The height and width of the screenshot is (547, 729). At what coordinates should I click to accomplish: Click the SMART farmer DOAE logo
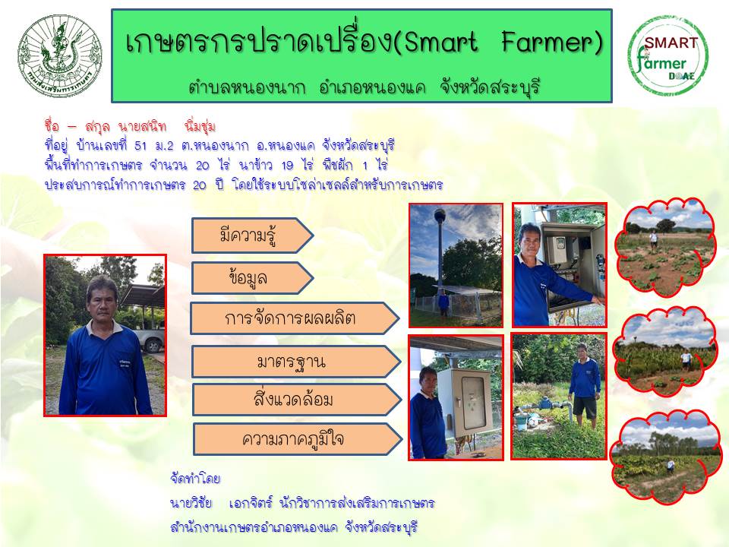[668, 55]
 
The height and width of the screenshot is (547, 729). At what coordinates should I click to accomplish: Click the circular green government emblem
[59, 55]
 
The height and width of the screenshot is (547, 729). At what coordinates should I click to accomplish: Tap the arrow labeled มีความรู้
[252, 236]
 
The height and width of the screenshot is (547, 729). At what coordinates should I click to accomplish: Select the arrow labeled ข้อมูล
[252, 278]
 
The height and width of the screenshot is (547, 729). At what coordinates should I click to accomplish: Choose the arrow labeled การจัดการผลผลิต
[295, 318]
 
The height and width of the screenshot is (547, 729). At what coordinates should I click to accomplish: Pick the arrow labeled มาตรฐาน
[296, 362]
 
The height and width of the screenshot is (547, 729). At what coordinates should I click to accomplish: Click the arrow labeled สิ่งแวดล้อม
[297, 400]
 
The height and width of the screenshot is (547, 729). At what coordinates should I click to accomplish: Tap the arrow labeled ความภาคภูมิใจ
[298, 439]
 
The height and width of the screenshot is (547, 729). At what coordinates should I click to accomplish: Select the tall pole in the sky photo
[440, 249]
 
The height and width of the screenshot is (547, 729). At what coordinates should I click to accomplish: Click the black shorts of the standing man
[585, 407]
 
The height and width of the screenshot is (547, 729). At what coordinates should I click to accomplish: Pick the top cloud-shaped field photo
[666, 248]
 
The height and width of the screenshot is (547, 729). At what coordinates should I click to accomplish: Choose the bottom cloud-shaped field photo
[665, 457]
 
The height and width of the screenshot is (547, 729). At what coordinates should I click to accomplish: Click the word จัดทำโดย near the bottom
[195, 479]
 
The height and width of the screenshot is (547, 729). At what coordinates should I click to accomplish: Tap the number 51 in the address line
[140, 146]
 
